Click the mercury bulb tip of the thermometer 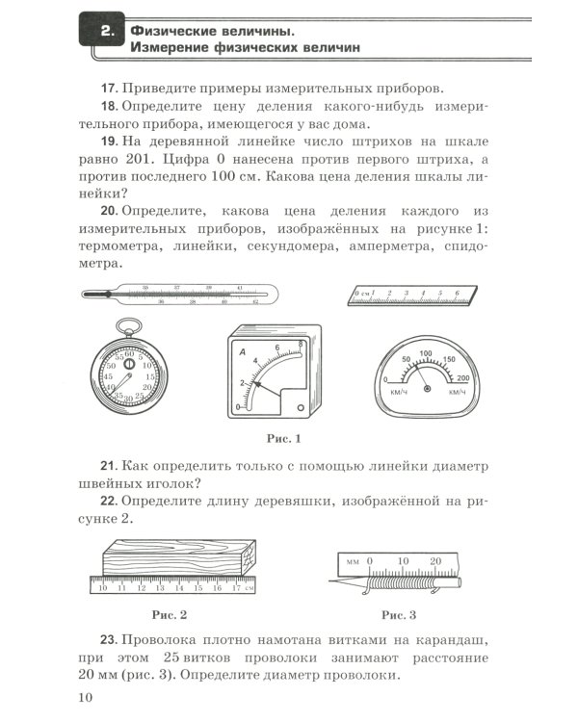pyautogui.click(x=88, y=295)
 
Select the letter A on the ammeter pyautogui.click(x=243, y=359)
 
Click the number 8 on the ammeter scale pyautogui.click(x=302, y=345)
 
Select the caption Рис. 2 pyautogui.click(x=169, y=613)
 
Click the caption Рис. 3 pyautogui.click(x=399, y=613)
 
